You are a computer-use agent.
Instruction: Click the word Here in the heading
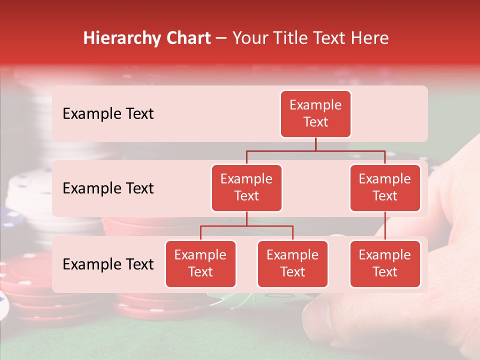pyautogui.click(x=370, y=38)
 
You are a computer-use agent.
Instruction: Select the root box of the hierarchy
pyautogui.click(x=315, y=113)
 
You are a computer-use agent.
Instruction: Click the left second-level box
pyautogui.click(x=246, y=187)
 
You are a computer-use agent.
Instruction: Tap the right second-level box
pyautogui.click(x=385, y=187)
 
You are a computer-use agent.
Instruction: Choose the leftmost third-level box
pyautogui.click(x=200, y=263)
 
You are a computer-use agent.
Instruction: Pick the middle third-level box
pyautogui.click(x=292, y=263)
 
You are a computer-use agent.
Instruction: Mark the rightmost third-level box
pyautogui.click(x=385, y=263)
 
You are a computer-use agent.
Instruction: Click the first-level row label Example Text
pyautogui.click(x=108, y=113)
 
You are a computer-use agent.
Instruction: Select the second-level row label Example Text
pyautogui.click(x=108, y=188)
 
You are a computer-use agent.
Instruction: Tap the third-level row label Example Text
pyautogui.click(x=108, y=264)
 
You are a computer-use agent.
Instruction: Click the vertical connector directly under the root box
pyautogui.click(x=315, y=144)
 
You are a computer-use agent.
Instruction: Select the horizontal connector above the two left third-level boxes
pyautogui.click(x=246, y=226)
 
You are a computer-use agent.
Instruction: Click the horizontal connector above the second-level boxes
pyautogui.click(x=315, y=150)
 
